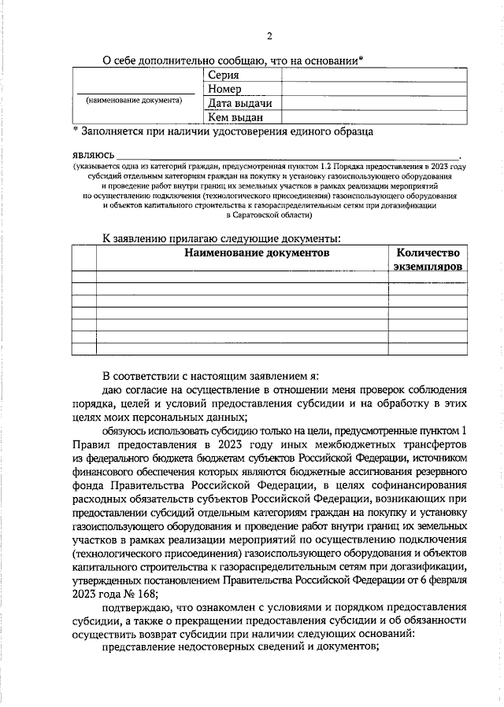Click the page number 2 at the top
tap(268, 36)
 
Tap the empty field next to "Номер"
tap(373, 89)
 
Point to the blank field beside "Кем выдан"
tap(373, 117)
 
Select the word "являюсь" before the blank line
tap(92, 154)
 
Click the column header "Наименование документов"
tap(257, 252)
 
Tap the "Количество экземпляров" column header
tap(428, 260)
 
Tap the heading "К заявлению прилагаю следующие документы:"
tap(223, 238)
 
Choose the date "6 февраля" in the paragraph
tap(441, 580)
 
